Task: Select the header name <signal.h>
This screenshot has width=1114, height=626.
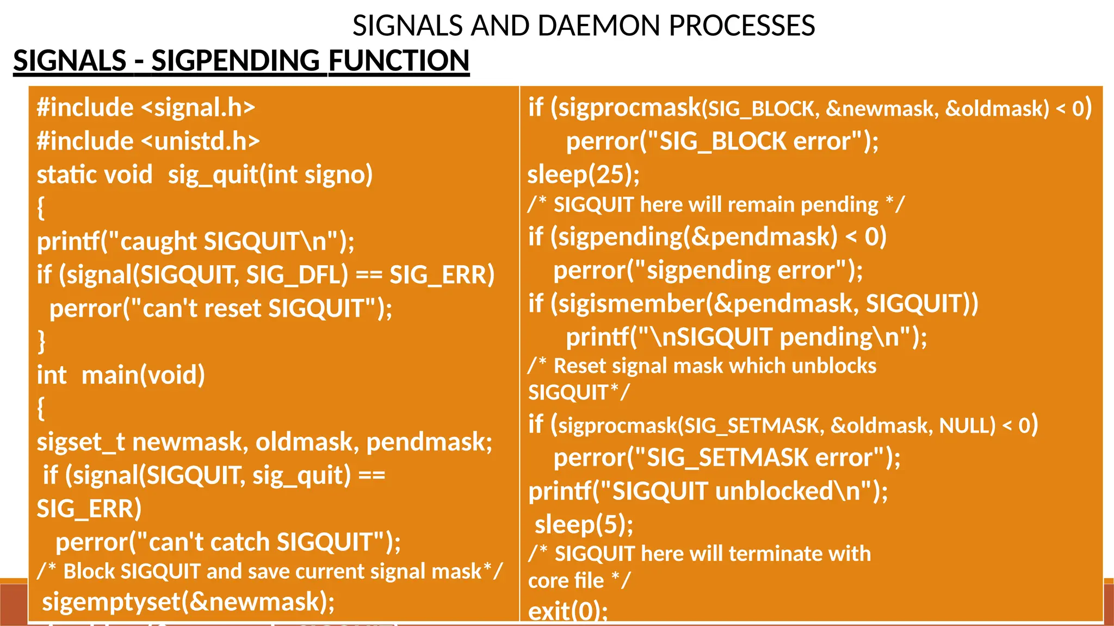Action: [x=198, y=108]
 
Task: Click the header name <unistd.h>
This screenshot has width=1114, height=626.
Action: [x=200, y=141]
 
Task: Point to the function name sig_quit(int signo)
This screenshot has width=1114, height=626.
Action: [x=270, y=175]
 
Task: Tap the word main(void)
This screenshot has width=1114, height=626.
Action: [x=143, y=375]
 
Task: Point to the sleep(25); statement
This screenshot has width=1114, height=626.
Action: [x=584, y=174]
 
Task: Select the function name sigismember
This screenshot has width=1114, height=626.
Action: [x=632, y=303]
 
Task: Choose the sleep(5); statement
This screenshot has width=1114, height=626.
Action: [x=584, y=525]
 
